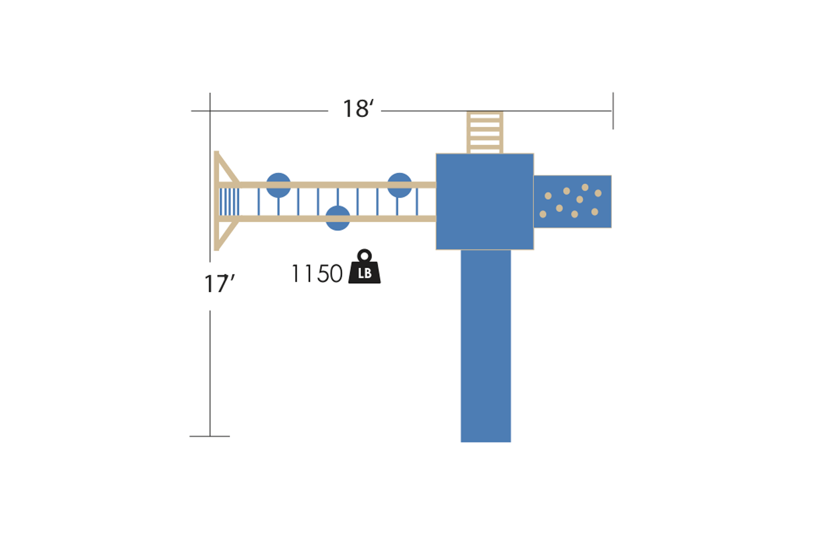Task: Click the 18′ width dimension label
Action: [x=358, y=109]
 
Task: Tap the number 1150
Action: [x=317, y=274]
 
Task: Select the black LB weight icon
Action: [x=364, y=266]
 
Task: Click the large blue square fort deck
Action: [x=485, y=201]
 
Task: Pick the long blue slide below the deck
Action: [x=486, y=346]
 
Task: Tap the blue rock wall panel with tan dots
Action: [x=573, y=201]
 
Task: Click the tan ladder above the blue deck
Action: [x=485, y=132]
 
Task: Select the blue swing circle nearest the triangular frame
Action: [x=279, y=185]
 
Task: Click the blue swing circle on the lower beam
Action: [x=338, y=218]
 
